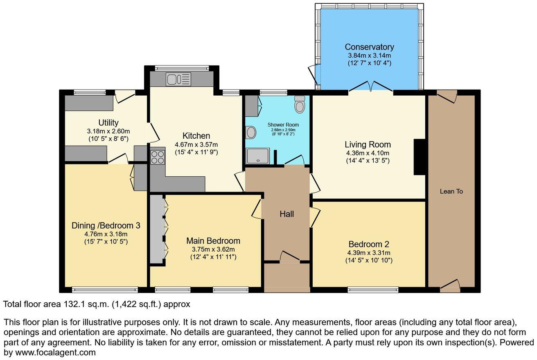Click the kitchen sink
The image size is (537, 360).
(178, 79)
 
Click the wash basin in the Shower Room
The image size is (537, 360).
(250, 132)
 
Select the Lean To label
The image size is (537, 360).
(451, 191)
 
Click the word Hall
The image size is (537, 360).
(287, 214)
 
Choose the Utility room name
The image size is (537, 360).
(108, 123)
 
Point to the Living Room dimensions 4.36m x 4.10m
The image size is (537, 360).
(367, 153)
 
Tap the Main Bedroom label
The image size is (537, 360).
(213, 241)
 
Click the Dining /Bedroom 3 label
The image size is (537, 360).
(106, 225)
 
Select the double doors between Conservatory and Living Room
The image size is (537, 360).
(371, 87)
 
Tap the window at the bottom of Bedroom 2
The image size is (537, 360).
(373, 290)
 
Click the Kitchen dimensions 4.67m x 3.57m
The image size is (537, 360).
(196, 144)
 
